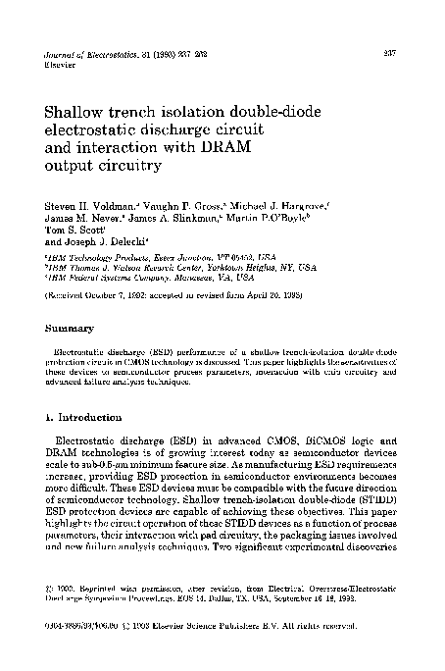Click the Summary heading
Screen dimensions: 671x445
click(x=68, y=328)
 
